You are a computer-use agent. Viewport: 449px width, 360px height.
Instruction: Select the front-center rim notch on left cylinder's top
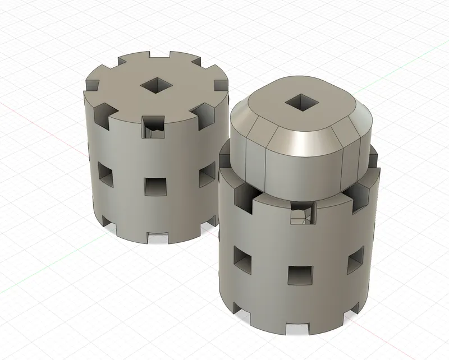click(153, 127)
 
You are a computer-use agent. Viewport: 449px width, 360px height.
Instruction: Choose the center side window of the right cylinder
click(300, 274)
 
